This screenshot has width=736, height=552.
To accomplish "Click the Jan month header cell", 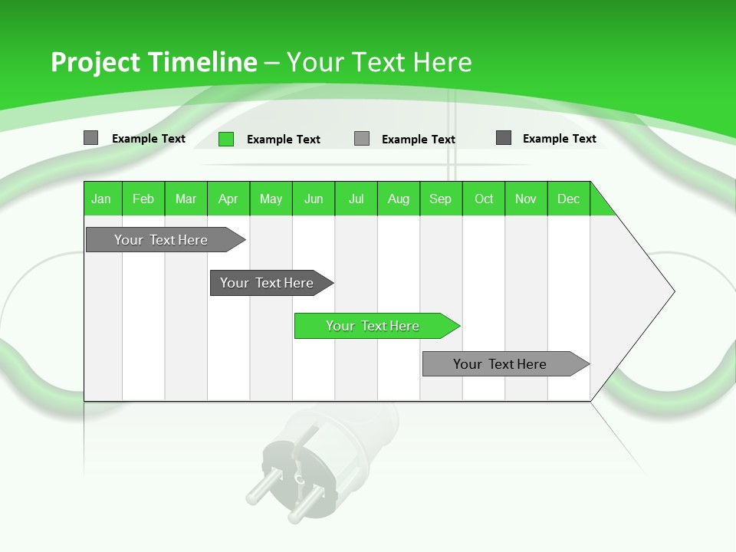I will click(102, 199).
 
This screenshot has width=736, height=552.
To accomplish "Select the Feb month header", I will click(143, 199).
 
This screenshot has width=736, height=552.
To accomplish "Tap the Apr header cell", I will click(228, 199).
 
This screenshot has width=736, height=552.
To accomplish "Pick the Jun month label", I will click(314, 199).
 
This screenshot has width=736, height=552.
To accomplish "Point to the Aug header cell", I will click(399, 199).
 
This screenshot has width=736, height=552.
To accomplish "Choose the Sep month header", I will click(441, 199).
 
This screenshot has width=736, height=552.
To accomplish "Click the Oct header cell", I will click(484, 199).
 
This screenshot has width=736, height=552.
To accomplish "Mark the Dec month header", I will click(569, 199).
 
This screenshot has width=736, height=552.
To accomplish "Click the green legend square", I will click(226, 139).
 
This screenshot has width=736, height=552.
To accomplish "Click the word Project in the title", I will click(96, 62).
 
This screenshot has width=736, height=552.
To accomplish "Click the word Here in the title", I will click(442, 62).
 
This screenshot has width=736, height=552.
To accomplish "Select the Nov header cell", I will click(526, 199).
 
